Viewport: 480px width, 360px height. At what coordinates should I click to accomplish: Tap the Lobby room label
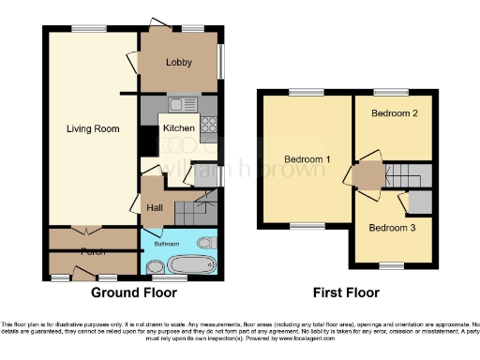pos(179,63)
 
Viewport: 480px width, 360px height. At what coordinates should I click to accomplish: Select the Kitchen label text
pos(179,128)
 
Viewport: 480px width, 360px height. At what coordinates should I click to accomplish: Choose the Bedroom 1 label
pos(306,159)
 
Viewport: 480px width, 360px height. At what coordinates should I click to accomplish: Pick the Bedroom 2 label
pos(394,113)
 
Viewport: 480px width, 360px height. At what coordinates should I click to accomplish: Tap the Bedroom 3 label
pos(390,227)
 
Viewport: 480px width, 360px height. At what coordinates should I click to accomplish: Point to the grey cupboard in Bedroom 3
pos(420,201)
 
